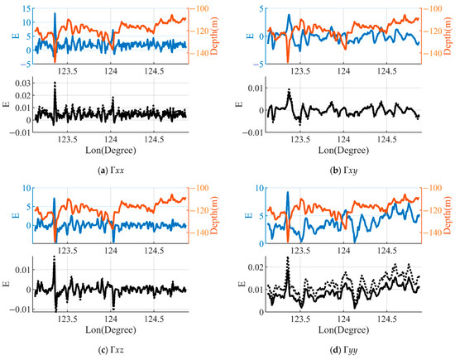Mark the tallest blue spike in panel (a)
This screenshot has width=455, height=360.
[x=55, y=14]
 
